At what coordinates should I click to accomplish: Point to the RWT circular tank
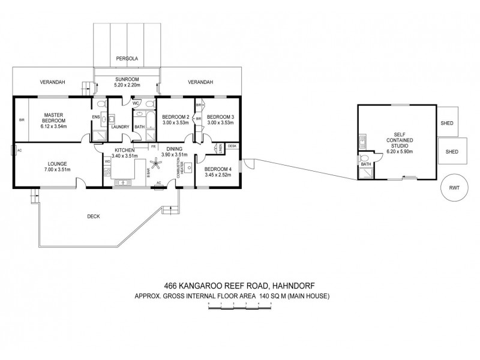pyautogui.click(x=454, y=187)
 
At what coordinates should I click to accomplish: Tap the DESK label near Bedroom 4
pyautogui.click(x=232, y=146)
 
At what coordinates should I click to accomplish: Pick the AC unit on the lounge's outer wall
pyautogui.click(x=20, y=150)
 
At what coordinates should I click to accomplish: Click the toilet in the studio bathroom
pyautogui.click(x=364, y=160)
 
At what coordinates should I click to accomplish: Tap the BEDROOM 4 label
pyautogui.click(x=219, y=169)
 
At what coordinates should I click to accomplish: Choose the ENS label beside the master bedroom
pyautogui.click(x=95, y=117)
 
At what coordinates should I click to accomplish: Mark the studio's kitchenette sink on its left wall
pyautogui.click(x=361, y=142)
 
